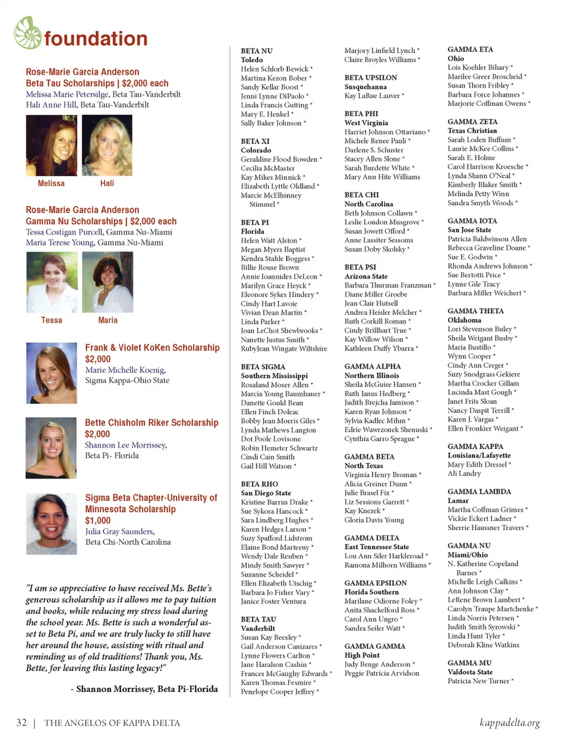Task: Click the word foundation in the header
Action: pos(96,39)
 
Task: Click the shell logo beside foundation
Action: pos(28,33)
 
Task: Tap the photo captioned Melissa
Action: pos(51,145)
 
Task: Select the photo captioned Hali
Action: pos(107,145)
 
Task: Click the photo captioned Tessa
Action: pos(52,282)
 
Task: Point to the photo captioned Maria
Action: pos(108,282)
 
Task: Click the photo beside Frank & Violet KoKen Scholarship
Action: pos(51,373)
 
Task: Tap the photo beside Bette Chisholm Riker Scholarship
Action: pos(51,448)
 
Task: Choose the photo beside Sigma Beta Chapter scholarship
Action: pos(51,523)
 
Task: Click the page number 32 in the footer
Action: pos(22,722)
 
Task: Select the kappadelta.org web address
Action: pos(509,722)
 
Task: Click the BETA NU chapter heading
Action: pos(257,51)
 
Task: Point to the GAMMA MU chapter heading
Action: pos(469,663)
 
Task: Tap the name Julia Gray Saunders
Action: pos(120,531)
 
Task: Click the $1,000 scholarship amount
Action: pos(98,521)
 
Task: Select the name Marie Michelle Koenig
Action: pos(125,370)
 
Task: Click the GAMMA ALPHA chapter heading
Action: pos(373,366)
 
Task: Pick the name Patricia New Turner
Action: pos(478,681)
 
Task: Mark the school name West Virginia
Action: pos(366,123)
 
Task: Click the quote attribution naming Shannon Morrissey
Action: pos(144,689)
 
